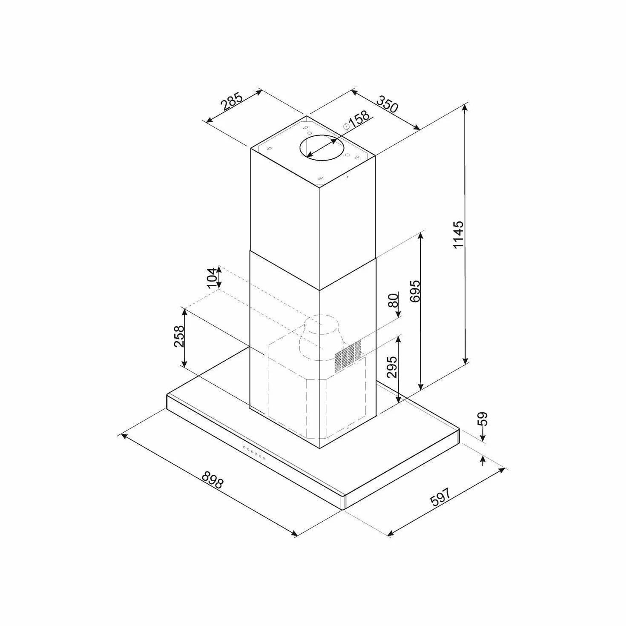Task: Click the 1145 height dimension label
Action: click(458, 235)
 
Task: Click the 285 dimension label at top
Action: click(232, 101)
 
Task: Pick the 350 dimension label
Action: click(387, 103)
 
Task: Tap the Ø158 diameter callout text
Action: click(356, 121)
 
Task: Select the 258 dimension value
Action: click(179, 336)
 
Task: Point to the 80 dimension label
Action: click(393, 300)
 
